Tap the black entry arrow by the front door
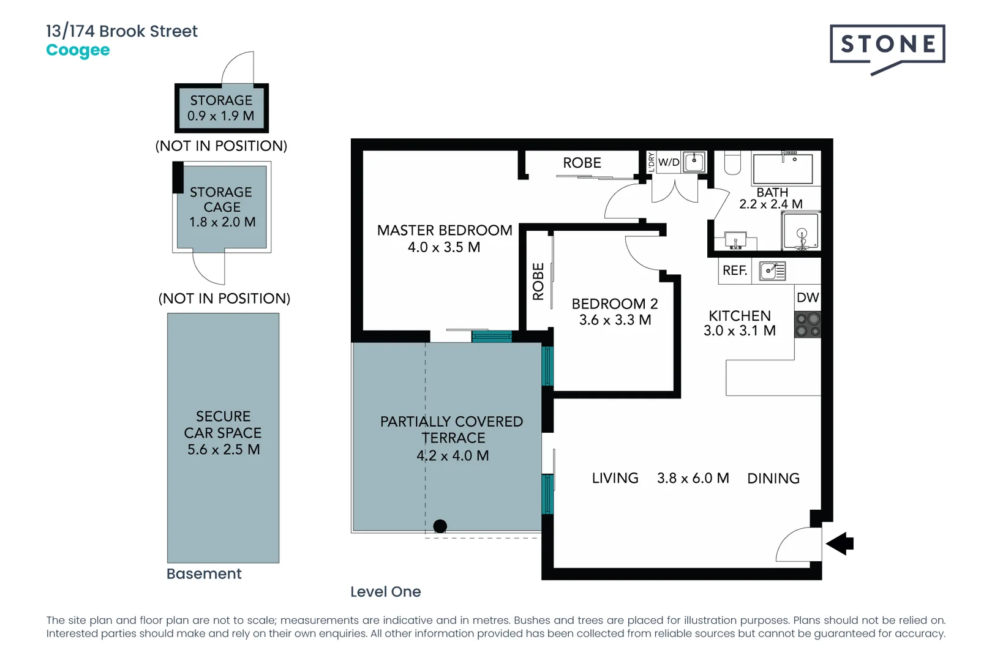pyautogui.click(x=840, y=543)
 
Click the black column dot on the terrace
pyautogui.click(x=440, y=526)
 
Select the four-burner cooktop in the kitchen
pyautogui.click(x=807, y=325)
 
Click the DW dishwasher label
pyautogui.click(x=807, y=297)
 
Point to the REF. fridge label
pyautogui.click(x=734, y=271)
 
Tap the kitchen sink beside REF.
pyautogui.click(x=772, y=271)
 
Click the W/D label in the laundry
pyautogui.click(x=669, y=162)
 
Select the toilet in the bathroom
pyautogui.click(x=732, y=162)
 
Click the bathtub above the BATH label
pyautogui.click(x=783, y=168)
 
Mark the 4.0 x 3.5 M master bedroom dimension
pyautogui.click(x=444, y=247)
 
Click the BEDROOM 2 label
pyautogui.click(x=614, y=304)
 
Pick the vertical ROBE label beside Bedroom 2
pyautogui.click(x=538, y=282)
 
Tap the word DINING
pyautogui.click(x=773, y=479)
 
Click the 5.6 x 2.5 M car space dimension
pyautogui.click(x=224, y=449)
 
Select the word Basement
pyautogui.click(x=204, y=573)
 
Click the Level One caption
pyautogui.click(x=385, y=592)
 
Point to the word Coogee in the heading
pyautogui.click(x=78, y=50)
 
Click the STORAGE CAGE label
pyautogui.click(x=221, y=200)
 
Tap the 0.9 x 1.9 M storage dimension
pyautogui.click(x=220, y=116)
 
